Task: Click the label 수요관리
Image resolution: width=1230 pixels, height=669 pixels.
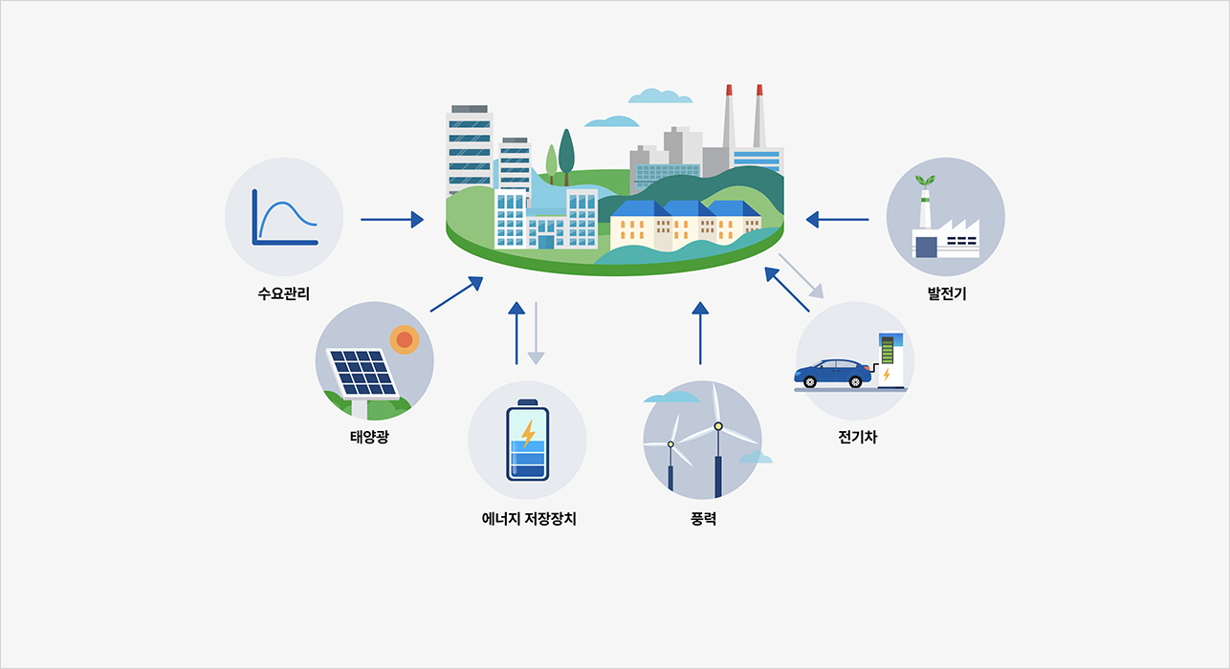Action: coord(284,293)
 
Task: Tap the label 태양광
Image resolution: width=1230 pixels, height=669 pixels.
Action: coord(369,437)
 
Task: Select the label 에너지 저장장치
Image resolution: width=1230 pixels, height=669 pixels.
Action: coord(529,519)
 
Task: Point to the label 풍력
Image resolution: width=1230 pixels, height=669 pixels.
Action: coord(703,519)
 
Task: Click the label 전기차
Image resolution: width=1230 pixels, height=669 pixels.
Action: coord(857,437)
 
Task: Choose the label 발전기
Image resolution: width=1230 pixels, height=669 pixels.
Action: coord(947,293)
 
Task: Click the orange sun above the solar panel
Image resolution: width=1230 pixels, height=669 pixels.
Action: coord(405,339)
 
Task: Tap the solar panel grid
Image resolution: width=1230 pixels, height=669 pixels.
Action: coord(362,373)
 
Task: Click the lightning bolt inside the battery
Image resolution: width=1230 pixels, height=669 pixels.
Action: coord(528,434)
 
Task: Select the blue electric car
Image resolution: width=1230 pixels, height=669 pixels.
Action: coord(832,373)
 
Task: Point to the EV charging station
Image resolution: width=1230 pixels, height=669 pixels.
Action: coord(890,360)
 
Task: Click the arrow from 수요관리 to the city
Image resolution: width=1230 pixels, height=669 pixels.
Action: coord(392,220)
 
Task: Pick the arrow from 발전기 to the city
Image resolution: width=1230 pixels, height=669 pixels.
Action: coord(838,220)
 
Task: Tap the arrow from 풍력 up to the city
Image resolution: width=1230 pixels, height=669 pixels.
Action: coord(700,333)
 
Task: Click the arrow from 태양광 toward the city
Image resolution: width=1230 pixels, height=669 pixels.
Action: coord(456,294)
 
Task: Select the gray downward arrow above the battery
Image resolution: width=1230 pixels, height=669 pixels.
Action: coord(536,334)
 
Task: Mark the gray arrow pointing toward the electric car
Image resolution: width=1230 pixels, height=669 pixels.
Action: coord(802,276)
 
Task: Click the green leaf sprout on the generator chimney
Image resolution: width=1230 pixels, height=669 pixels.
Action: coord(925,181)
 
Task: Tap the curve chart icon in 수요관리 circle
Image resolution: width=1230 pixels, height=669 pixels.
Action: coord(284,217)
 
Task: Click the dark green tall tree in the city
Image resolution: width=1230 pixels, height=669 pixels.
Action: coord(566,157)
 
